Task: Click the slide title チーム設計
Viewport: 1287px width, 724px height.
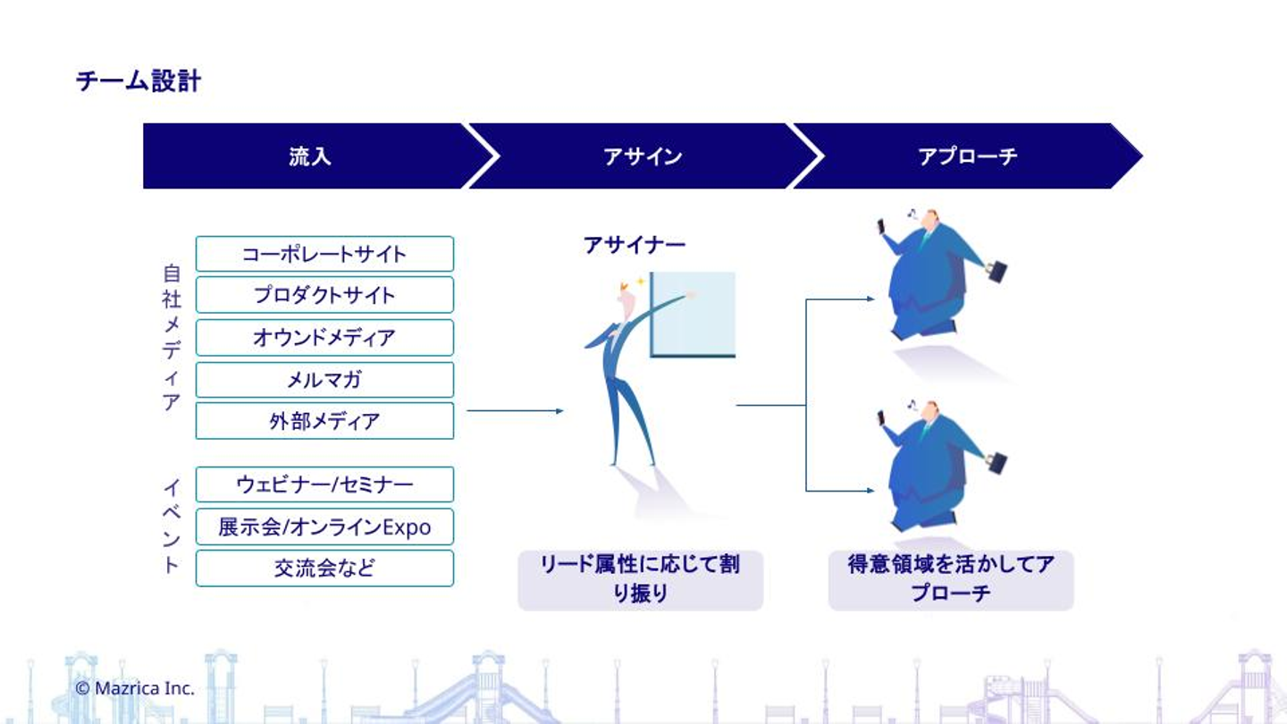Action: pyautogui.click(x=139, y=81)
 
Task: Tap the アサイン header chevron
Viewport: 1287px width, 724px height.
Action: pyautogui.click(x=643, y=156)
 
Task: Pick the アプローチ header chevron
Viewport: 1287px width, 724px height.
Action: pyautogui.click(x=967, y=156)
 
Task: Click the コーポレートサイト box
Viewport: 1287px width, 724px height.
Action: pyautogui.click(x=324, y=254)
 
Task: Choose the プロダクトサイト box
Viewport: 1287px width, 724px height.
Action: pyautogui.click(x=324, y=295)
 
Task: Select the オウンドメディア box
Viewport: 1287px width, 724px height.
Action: pyautogui.click(x=324, y=338)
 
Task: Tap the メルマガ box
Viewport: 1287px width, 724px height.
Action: pyautogui.click(x=324, y=380)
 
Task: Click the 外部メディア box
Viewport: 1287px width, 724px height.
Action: pyautogui.click(x=324, y=421)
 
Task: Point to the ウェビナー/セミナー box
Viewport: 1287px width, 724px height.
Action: pyautogui.click(x=324, y=484)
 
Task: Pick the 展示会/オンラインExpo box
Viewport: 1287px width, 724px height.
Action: pyautogui.click(x=324, y=527)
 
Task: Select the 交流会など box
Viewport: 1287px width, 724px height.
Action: pyautogui.click(x=324, y=568)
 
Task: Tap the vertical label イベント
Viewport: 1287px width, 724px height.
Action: pyautogui.click(x=172, y=526)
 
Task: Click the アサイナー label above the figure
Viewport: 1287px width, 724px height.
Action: pyautogui.click(x=635, y=244)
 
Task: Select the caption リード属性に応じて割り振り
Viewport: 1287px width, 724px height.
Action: pyautogui.click(x=640, y=579)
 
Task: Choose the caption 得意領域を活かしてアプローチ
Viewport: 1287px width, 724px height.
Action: pyautogui.click(x=950, y=579)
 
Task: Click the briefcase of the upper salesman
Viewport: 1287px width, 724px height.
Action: pyautogui.click(x=996, y=271)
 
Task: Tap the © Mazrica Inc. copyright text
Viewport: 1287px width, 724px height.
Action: pyautogui.click(x=135, y=688)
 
